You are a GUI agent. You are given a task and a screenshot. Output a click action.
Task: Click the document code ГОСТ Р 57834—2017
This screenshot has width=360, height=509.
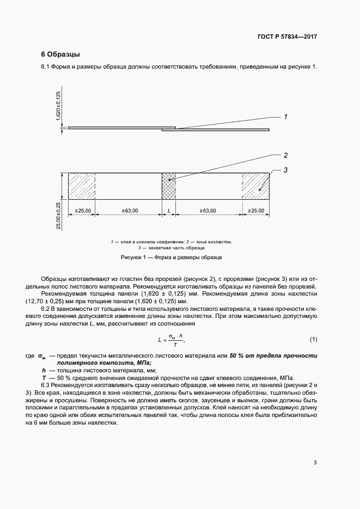click(286, 37)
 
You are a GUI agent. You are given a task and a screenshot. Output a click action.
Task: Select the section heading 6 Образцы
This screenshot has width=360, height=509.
click(61, 54)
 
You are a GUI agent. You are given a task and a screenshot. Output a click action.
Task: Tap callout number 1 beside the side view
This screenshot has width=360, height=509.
click(285, 116)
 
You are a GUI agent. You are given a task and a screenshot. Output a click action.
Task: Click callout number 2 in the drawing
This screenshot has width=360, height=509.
click(285, 155)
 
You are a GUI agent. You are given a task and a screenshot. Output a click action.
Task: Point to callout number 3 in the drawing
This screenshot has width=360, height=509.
click(285, 170)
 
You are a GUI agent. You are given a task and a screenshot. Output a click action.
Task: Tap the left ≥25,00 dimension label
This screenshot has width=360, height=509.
click(82, 210)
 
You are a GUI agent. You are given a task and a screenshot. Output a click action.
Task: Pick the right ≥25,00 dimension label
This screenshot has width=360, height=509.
click(255, 210)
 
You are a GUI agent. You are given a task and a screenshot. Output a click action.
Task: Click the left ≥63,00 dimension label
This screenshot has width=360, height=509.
click(129, 210)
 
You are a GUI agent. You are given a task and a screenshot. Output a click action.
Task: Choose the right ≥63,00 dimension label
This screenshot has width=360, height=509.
click(208, 210)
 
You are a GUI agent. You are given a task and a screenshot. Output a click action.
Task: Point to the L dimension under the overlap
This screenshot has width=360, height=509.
click(169, 210)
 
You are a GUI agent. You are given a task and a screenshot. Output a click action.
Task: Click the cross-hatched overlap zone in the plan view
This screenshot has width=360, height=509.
click(169, 187)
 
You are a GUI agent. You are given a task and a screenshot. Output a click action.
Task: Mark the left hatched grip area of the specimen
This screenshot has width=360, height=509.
click(82, 187)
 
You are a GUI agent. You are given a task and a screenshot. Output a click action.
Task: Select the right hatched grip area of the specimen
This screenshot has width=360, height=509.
click(255, 187)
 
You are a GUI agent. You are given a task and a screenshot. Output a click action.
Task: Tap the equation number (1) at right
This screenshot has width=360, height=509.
click(313, 340)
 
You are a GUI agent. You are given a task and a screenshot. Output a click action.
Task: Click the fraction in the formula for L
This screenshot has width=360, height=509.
click(175, 340)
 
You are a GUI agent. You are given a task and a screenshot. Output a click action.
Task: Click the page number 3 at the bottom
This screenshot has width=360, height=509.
click(315, 463)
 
